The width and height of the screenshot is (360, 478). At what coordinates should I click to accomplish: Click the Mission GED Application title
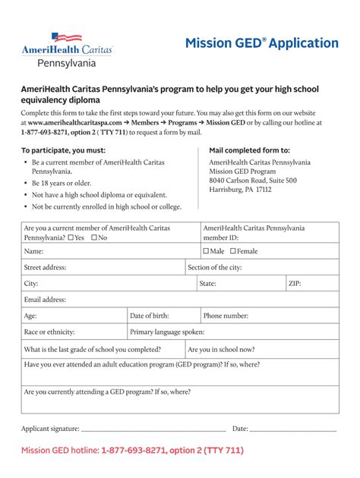[261, 43]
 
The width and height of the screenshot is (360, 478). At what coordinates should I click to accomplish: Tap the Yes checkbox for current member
[71, 237]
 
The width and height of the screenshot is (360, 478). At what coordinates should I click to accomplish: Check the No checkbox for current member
[94, 237]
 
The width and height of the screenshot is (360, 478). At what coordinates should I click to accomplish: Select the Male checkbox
[206, 251]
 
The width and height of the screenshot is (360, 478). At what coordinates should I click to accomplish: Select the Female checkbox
[233, 251]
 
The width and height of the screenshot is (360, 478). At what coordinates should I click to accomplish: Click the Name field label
[33, 251]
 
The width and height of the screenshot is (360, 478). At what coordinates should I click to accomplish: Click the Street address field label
[46, 267]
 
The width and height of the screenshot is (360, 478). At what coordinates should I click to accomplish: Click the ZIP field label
[295, 284]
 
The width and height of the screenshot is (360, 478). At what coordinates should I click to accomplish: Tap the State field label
[207, 284]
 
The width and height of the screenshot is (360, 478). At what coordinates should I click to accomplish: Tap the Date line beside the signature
[292, 429]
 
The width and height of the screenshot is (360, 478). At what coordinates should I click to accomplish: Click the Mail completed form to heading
[249, 150]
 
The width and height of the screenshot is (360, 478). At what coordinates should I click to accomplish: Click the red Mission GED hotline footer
[132, 451]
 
